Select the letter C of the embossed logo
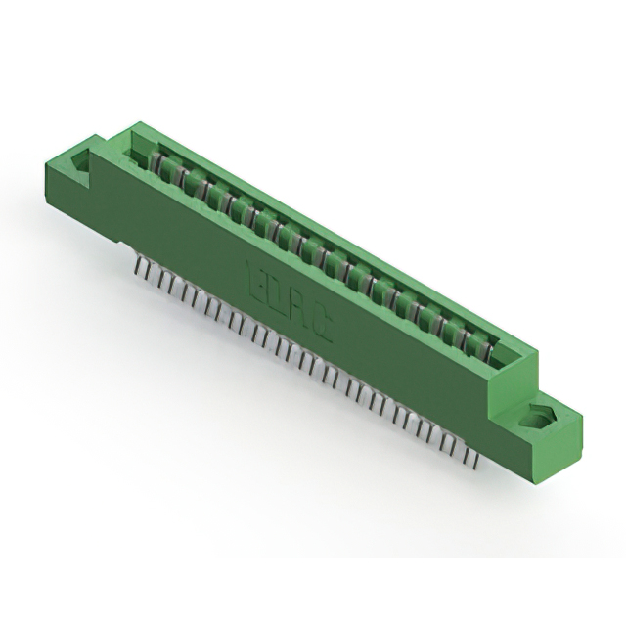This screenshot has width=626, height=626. coord(322,330)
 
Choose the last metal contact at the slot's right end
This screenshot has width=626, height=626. coord(486,343)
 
